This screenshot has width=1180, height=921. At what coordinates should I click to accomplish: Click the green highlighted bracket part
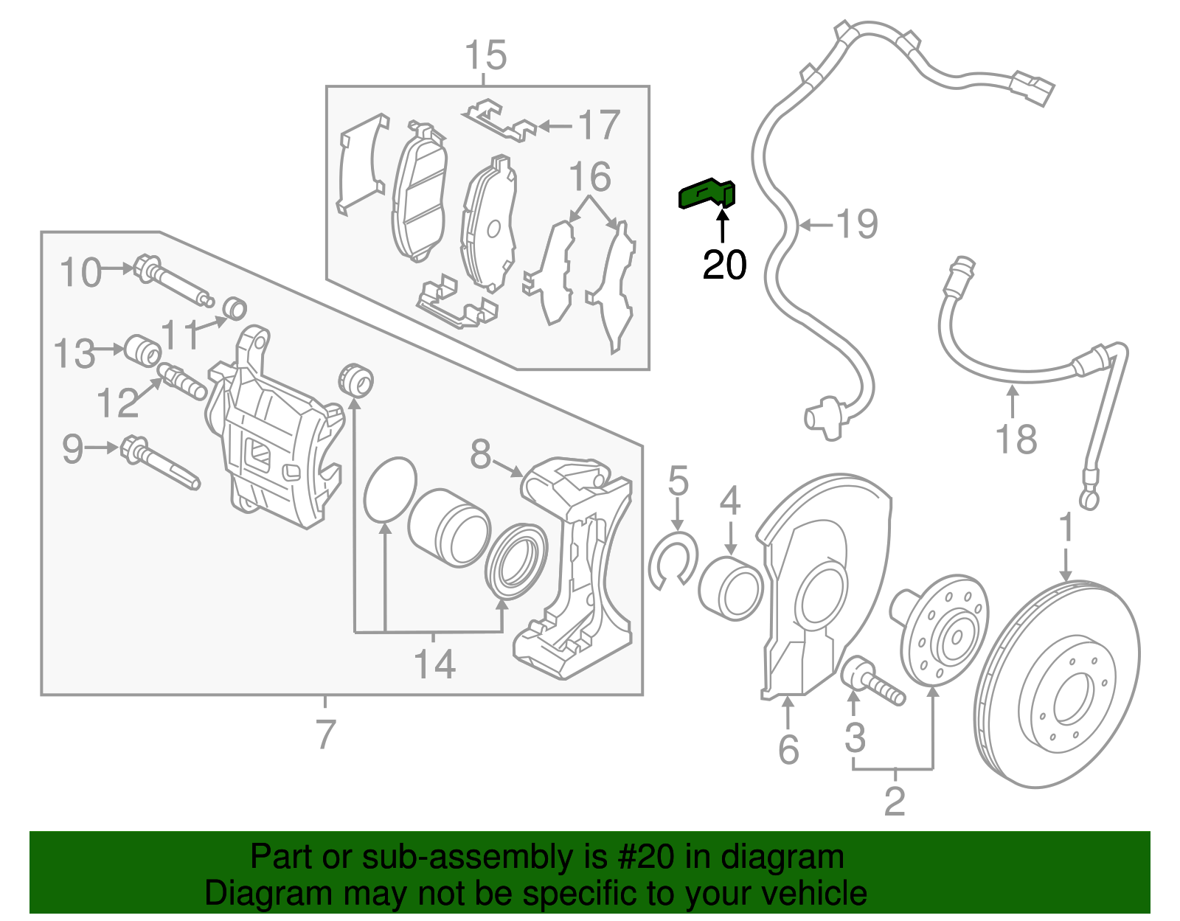[706, 195]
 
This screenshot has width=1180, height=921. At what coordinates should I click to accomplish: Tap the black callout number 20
[724, 265]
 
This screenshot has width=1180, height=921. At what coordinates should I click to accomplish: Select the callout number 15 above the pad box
[486, 55]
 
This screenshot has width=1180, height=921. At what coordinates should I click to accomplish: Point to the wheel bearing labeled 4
[730, 590]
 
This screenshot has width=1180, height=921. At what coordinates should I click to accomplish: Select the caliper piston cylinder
[448, 527]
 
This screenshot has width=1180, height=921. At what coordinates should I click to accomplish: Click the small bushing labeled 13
[143, 350]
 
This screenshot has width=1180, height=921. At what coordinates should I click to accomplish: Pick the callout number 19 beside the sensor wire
[857, 223]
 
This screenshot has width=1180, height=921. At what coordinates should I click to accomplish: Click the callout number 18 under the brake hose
[1016, 439]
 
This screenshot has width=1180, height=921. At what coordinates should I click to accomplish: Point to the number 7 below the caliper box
[325, 734]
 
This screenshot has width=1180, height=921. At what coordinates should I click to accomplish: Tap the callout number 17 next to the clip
[598, 125]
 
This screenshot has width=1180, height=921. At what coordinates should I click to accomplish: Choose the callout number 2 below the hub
[894, 801]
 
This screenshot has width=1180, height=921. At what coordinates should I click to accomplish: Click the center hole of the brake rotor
[1071, 700]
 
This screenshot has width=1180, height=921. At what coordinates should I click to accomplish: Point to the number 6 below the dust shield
[788, 750]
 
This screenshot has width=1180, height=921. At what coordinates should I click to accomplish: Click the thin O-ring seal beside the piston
[390, 489]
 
